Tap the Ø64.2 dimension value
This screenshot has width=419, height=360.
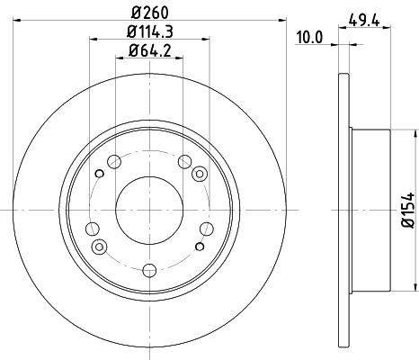149,51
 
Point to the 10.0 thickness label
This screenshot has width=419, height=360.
308,37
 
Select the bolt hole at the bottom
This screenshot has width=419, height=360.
149,267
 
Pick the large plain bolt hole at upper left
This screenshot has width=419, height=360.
114,162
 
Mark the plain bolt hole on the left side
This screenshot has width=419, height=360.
93,229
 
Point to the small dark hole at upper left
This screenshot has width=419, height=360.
99,174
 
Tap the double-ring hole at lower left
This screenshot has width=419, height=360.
100,244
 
